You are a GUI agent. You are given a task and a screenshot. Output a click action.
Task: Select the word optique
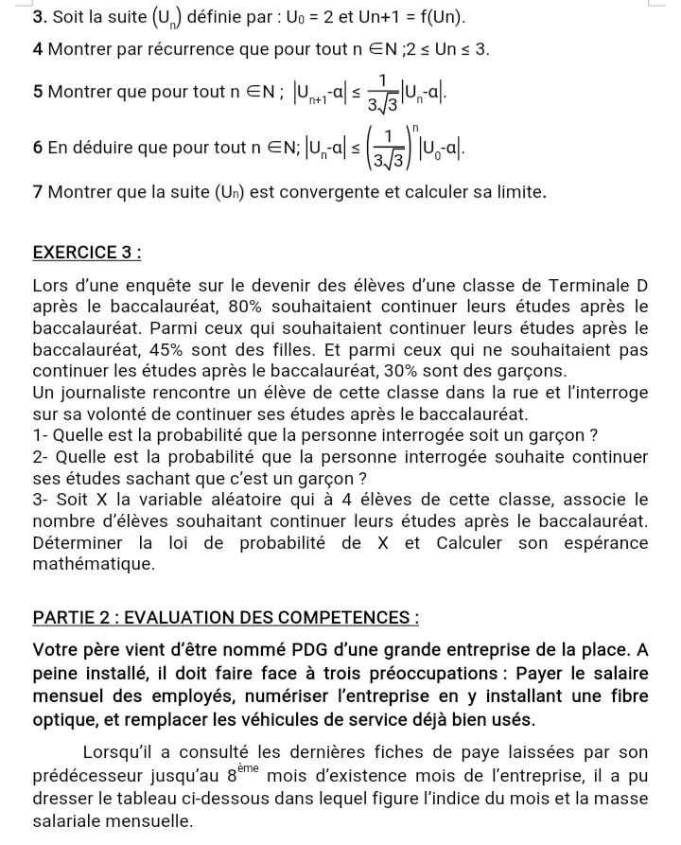pyautogui.click(x=70, y=719)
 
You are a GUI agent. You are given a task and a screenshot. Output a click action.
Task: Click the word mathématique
pyautogui.click(x=93, y=565)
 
